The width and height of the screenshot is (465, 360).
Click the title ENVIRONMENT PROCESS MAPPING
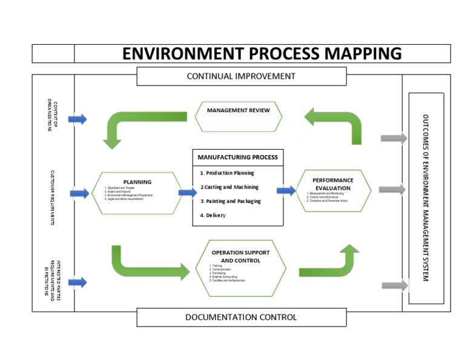coord(262,53)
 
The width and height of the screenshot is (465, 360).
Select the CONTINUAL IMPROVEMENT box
coord(241,76)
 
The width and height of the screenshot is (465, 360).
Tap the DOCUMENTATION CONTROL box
coord(241,317)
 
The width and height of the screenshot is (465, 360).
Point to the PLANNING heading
coord(137,182)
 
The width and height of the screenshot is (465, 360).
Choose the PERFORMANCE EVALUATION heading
coord(332,184)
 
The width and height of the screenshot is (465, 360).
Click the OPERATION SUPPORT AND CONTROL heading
coord(240,256)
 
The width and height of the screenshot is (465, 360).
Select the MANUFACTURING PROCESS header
coord(237,157)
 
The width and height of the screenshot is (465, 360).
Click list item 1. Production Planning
coord(227,173)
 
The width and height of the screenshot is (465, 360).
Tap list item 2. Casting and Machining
coord(229,187)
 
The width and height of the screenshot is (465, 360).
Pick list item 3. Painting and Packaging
coord(231,201)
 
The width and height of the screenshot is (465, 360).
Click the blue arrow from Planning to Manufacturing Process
coord(187,192)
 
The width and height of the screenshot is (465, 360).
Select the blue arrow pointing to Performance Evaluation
coord(286,190)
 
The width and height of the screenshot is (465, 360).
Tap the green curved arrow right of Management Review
coord(337,122)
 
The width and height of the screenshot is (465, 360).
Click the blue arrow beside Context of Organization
coord(77,119)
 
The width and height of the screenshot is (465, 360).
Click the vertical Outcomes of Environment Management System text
coord(426,198)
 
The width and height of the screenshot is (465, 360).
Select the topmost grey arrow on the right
coord(394,138)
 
